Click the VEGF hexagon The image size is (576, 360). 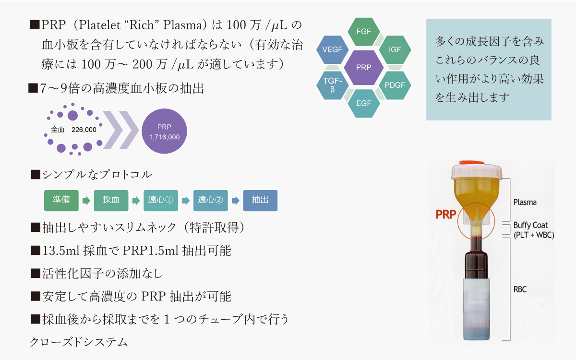point(333,49)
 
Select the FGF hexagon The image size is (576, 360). point(363,32)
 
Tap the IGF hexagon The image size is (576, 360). point(395,49)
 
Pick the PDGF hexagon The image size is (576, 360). point(395,85)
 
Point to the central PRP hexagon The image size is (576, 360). point(363,68)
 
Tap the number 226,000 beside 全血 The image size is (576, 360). point(84,130)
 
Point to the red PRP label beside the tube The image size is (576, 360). point(445,214)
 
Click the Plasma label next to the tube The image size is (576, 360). point(525,202)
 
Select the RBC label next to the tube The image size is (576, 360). point(521,290)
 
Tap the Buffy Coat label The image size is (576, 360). point(530,225)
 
